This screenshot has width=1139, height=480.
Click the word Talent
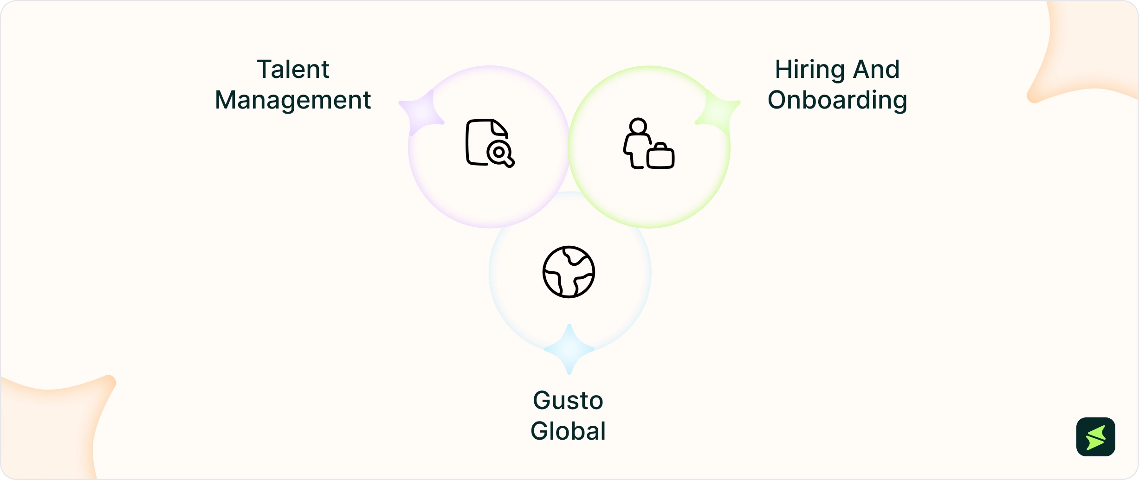pyautogui.click(x=293, y=70)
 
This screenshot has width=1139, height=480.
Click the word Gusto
pyautogui.click(x=568, y=401)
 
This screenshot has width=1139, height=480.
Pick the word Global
pyautogui.click(x=568, y=431)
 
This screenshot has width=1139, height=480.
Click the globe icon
pyautogui.click(x=569, y=272)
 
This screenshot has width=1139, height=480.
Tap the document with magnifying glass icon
pyautogui.click(x=490, y=143)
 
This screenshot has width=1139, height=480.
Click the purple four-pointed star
pyautogui.click(x=421, y=113)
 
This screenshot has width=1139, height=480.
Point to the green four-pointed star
pyautogui.click(x=718, y=113)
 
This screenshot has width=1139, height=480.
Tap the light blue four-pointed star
pyautogui.click(x=569, y=349)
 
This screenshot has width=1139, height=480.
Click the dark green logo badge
pyautogui.click(x=1096, y=437)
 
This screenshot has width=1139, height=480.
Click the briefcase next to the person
pyautogui.click(x=660, y=156)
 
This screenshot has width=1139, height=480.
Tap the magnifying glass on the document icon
pyautogui.click(x=501, y=154)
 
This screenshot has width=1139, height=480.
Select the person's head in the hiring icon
pyautogui.click(x=638, y=126)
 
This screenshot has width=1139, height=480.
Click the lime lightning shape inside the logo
pyautogui.click(x=1096, y=437)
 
